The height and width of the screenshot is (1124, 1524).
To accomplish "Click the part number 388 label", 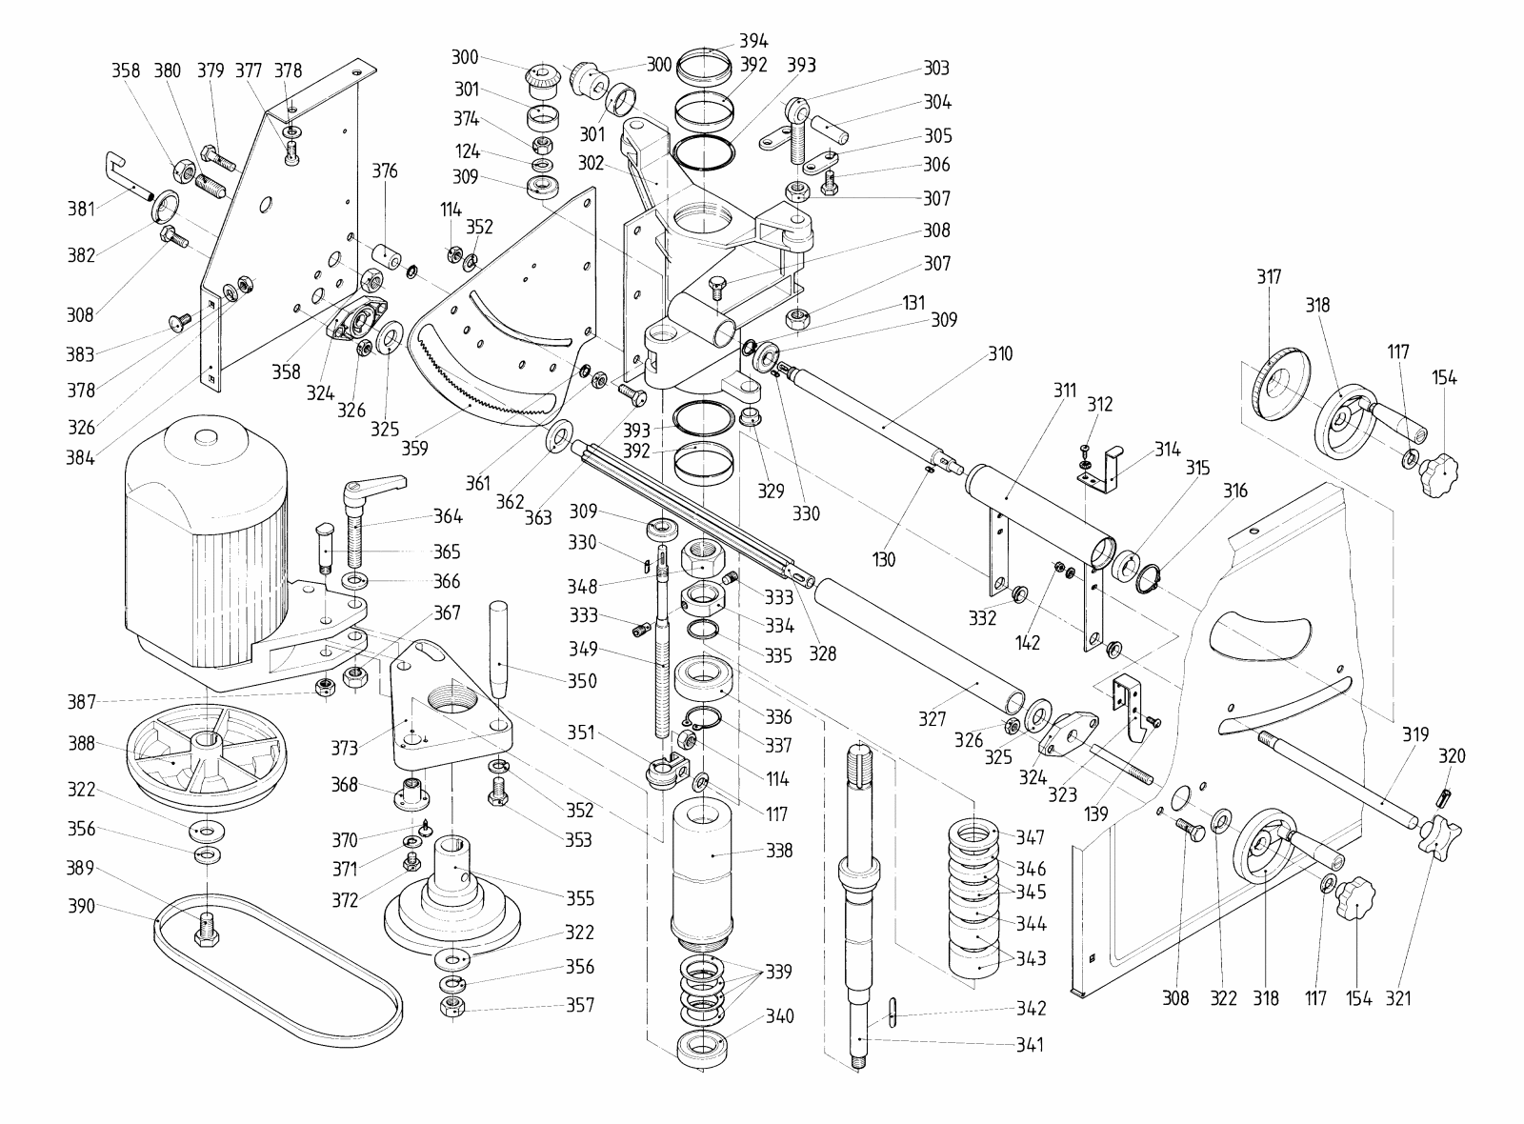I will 82,743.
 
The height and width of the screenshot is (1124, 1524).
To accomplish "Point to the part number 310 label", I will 1000,354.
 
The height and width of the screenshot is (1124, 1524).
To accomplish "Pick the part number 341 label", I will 1029,1045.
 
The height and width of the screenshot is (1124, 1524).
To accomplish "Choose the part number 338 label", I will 779,851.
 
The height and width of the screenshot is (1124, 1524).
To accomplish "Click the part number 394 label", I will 753,41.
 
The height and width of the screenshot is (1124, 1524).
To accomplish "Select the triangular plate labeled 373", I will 448,705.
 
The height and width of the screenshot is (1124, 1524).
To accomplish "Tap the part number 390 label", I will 82,906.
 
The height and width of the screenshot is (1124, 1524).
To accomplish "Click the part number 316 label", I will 1235,492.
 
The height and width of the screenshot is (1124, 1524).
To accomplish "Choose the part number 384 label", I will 81,456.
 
